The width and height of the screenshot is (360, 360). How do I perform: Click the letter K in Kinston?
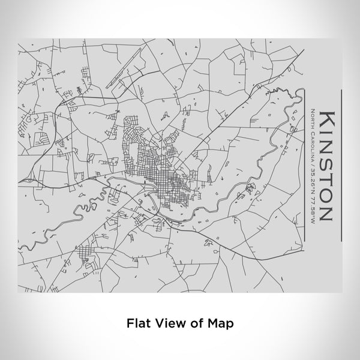click(328, 118)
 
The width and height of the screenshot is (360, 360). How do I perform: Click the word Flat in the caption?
click(137, 322)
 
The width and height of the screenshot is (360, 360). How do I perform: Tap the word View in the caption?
click(167, 322)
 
